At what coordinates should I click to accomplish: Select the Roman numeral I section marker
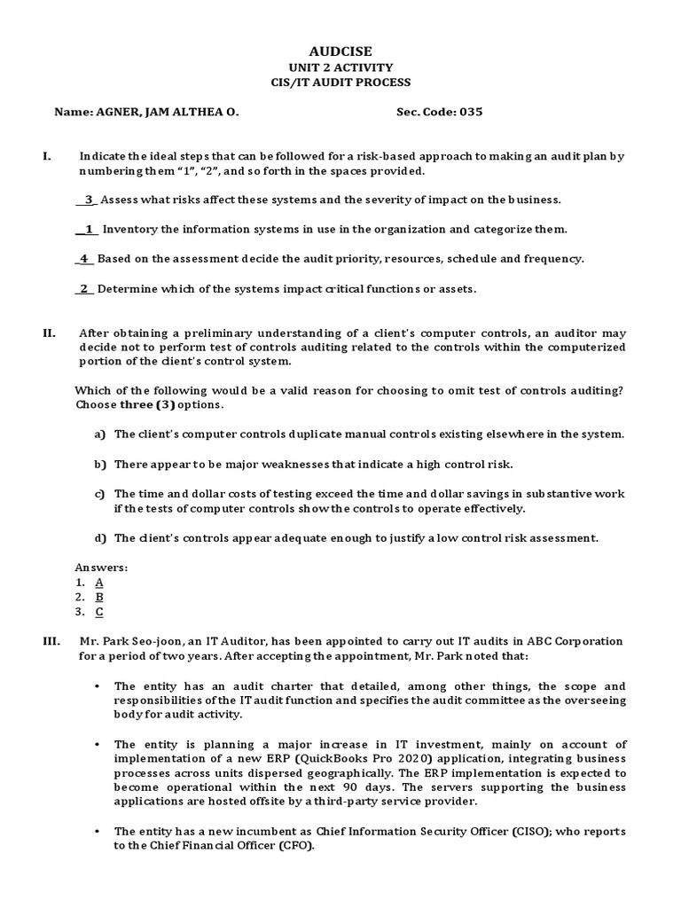pos(46,156)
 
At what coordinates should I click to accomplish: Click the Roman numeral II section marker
pos(49,333)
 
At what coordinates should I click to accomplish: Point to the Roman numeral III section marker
pos(51,641)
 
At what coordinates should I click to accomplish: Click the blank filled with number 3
pos(88,200)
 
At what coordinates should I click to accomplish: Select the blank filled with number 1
pos(88,229)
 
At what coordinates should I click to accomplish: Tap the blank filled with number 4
pos(84,259)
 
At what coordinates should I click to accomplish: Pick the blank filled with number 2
pos(84,288)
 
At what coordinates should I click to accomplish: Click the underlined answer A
pos(99,582)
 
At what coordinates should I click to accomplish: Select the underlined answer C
pos(99,611)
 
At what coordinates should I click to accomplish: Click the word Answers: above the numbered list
pos(102,567)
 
